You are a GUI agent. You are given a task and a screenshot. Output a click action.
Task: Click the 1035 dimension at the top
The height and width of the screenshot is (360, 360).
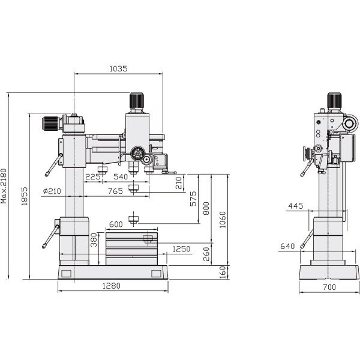pyautogui.click(x=118, y=69)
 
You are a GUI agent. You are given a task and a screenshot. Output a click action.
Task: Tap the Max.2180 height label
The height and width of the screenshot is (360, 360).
pyautogui.click(x=5, y=185)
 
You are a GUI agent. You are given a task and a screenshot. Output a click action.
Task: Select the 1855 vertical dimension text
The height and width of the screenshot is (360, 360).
pyautogui.click(x=25, y=196)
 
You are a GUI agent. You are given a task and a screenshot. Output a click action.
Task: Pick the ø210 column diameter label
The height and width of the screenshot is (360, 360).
pyautogui.click(x=53, y=191)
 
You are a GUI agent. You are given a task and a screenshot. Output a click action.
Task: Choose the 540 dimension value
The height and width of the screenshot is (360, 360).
pyautogui.click(x=120, y=177)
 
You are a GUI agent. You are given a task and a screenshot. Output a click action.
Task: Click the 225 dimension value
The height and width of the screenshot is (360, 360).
pyautogui.click(x=92, y=177)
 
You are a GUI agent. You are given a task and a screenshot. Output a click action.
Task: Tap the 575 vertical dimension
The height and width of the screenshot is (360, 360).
pyautogui.click(x=193, y=199)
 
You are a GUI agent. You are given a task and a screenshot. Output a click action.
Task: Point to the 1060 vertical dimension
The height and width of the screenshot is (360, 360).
pyautogui.click(x=223, y=220)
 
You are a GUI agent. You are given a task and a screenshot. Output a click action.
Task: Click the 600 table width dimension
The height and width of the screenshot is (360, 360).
pyautogui.click(x=116, y=224)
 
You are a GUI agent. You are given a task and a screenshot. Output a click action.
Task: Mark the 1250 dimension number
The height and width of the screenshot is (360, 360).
pyautogui.click(x=181, y=249)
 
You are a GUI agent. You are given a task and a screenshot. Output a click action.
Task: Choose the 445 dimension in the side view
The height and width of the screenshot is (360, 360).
pyautogui.click(x=295, y=206)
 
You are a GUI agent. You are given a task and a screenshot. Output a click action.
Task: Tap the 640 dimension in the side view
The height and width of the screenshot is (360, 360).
pyautogui.click(x=287, y=245)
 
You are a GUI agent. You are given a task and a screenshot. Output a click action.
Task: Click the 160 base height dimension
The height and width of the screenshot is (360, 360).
pyautogui.click(x=223, y=272)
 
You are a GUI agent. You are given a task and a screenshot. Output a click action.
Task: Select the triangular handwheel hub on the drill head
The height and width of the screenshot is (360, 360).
pyautogui.click(x=137, y=154)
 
